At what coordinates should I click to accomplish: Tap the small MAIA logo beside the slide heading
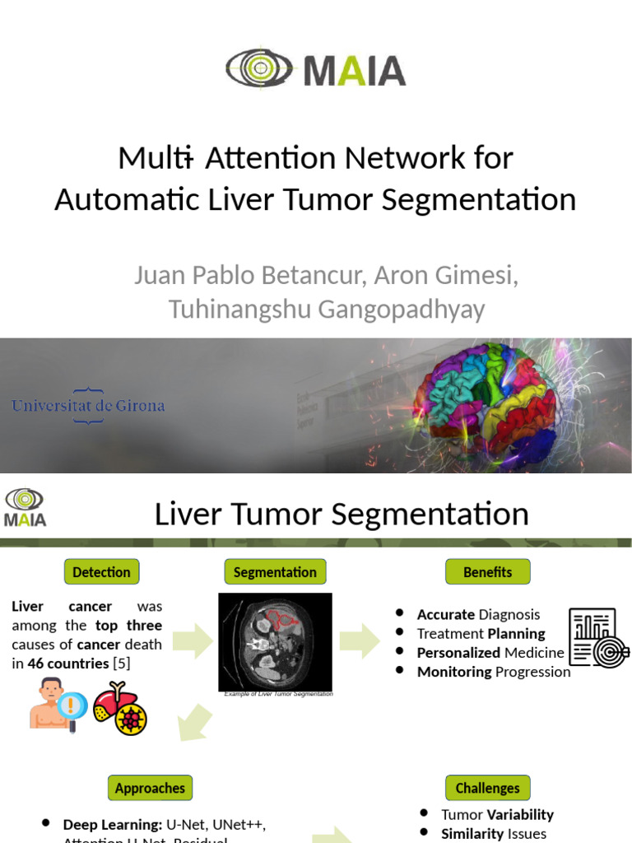pos(25,507)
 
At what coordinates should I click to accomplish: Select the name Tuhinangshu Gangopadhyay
pos(327,310)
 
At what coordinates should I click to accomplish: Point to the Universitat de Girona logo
pos(88,406)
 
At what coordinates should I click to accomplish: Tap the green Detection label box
pos(101,572)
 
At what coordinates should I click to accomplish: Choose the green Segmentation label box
pos(275,572)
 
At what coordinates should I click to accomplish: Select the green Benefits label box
pos(487,572)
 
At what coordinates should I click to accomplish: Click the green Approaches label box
pos(150,788)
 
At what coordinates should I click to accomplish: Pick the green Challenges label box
pos(487,788)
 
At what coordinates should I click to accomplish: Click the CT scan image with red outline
pos(275,641)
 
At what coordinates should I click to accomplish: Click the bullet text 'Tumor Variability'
pos(497,814)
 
